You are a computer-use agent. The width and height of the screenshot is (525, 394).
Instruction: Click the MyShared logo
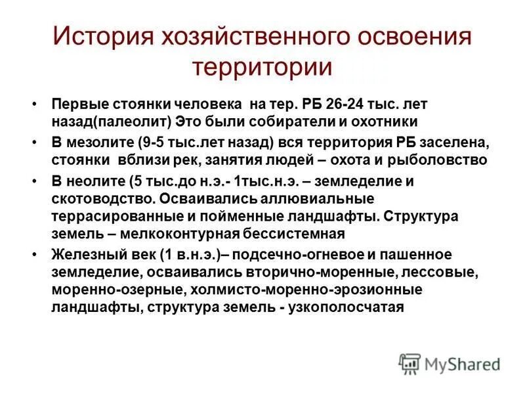point(450,364)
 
